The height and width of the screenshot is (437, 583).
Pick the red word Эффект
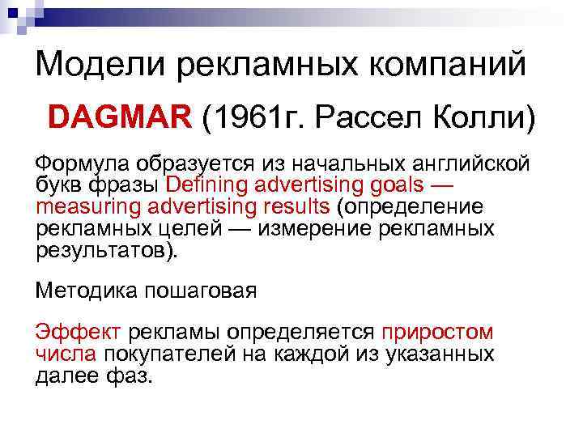78,333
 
